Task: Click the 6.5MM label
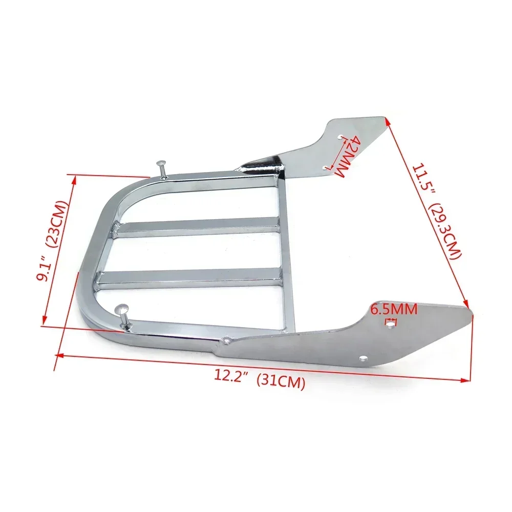(x=393, y=309)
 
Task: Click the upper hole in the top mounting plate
(x=341, y=137)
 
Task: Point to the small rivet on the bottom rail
(x=226, y=339)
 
